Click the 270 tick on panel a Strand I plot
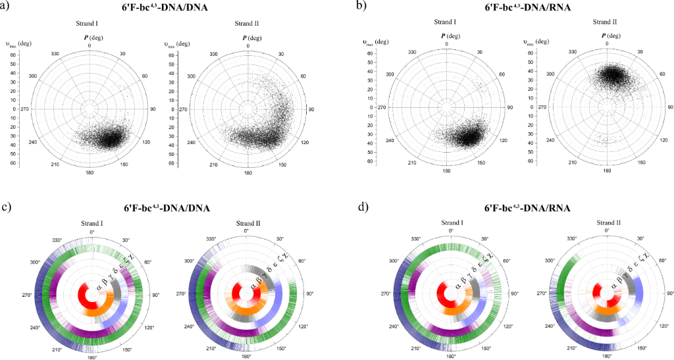point(25,109)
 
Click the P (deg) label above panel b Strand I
point(446,36)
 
